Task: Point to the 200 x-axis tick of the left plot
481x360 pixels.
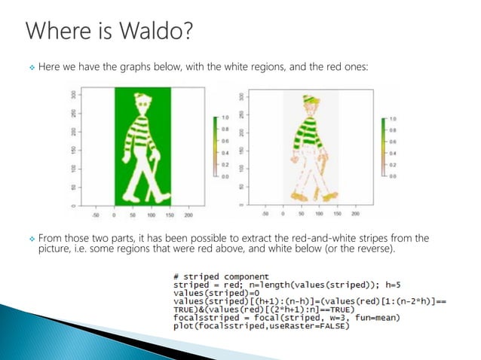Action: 189,214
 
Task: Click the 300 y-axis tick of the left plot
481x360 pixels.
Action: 73,95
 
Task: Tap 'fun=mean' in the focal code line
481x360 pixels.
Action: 377,319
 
